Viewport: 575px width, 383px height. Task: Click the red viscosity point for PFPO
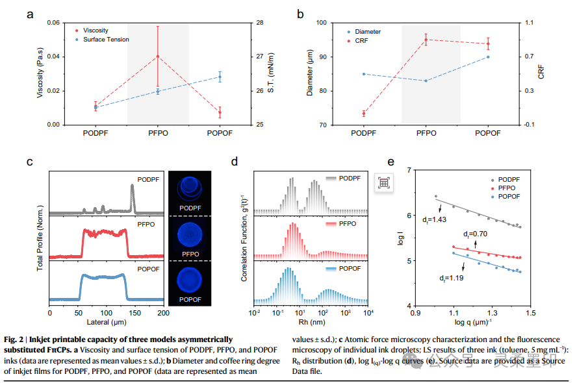coord(158,56)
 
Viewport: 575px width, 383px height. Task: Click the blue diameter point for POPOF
coord(488,57)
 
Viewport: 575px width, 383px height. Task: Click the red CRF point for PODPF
coord(364,114)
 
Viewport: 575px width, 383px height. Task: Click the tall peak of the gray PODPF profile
coord(133,188)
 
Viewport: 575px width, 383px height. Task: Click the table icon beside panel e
coord(384,183)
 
